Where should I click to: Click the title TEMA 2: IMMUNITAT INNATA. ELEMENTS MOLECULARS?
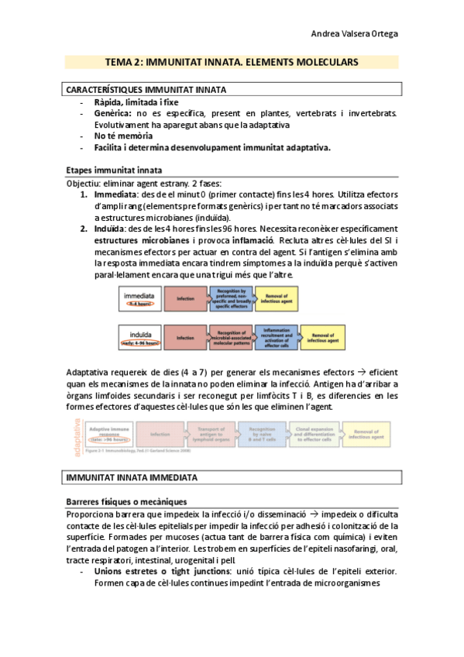(x=232, y=61)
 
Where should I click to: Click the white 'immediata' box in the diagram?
(x=143, y=298)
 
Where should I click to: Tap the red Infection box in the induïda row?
(x=186, y=338)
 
